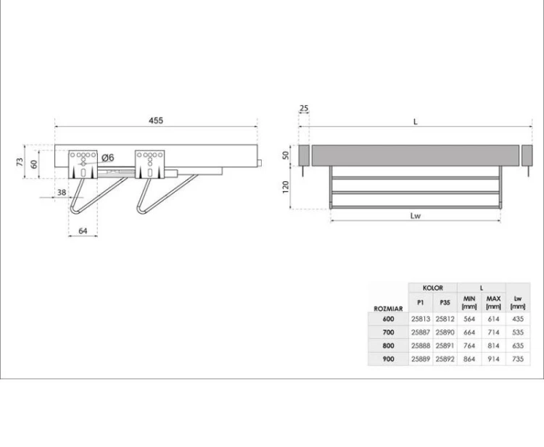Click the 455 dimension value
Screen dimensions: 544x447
156,120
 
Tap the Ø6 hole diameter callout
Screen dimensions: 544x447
108,158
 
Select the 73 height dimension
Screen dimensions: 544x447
20,162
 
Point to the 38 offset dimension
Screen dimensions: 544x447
62,192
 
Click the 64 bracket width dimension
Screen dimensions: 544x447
83,231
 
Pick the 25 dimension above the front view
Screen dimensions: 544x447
304,108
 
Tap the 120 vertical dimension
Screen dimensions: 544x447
286,187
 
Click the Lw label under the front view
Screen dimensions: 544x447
416,215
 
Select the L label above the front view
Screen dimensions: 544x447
416,122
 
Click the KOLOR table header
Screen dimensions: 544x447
432,288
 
